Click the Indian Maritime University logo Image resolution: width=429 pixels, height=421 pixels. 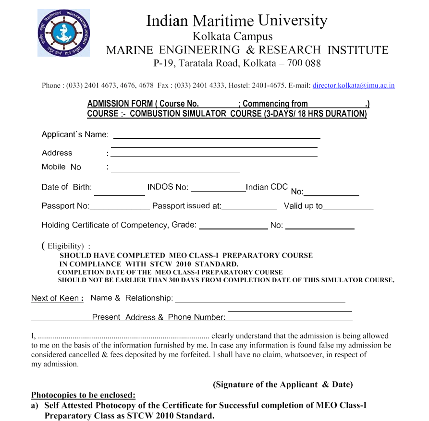point(63,33)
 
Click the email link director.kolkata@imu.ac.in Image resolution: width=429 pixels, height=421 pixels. point(353,85)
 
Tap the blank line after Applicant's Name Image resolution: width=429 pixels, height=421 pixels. point(216,135)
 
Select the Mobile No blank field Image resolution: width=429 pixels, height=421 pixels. point(175,168)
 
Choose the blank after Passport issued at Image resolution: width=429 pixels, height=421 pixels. point(249,207)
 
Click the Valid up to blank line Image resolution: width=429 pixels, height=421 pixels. point(348,207)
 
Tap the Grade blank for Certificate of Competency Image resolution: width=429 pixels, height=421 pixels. point(233,226)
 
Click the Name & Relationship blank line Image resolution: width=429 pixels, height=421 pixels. point(260,299)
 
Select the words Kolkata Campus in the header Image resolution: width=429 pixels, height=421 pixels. point(233,36)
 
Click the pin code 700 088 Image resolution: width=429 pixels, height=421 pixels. point(304,63)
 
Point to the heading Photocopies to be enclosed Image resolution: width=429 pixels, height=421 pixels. point(83,395)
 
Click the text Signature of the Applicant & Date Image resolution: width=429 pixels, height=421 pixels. point(282,385)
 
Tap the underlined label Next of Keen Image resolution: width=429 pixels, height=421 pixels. point(57,298)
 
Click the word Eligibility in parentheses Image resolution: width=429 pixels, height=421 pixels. point(65,246)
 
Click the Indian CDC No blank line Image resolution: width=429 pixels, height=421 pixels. point(331,193)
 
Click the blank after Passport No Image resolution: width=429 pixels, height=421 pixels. point(120,207)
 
